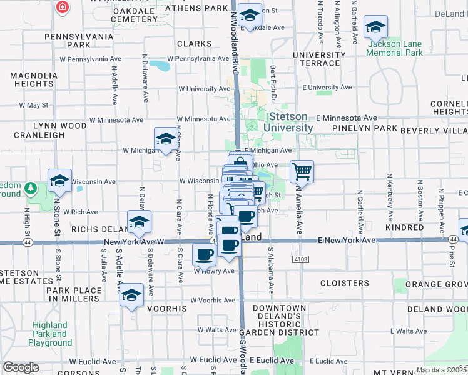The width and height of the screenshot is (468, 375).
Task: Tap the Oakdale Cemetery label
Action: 134,15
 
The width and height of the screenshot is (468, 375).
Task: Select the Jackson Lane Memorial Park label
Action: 394,48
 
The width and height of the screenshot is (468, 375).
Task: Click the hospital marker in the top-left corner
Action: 63,8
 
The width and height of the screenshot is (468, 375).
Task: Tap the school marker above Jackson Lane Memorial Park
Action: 376,27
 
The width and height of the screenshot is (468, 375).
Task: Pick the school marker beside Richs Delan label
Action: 139,221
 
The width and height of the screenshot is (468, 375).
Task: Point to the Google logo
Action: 20,367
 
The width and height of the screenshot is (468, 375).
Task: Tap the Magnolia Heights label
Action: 31,79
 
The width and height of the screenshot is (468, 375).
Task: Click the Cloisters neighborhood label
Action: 344,283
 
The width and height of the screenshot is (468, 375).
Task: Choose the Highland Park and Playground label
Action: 50,334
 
